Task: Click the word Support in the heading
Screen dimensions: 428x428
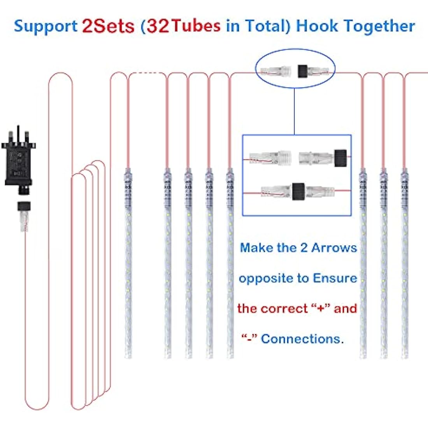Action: click(x=46, y=27)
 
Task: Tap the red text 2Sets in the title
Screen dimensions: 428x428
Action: click(x=109, y=26)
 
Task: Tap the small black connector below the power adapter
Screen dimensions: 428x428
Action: click(x=24, y=206)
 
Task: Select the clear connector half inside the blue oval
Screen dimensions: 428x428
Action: click(x=276, y=71)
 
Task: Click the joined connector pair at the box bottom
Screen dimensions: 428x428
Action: click(x=298, y=191)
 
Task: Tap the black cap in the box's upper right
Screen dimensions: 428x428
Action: click(x=340, y=158)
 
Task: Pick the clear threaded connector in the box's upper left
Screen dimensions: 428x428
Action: click(x=270, y=158)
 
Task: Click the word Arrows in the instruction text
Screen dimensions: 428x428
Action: click(x=334, y=248)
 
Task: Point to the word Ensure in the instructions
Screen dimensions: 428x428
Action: click(x=335, y=278)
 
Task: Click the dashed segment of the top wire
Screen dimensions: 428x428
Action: click(x=147, y=73)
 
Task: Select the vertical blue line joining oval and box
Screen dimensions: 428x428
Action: click(x=294, y=111)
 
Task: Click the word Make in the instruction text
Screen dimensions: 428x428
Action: click(x=256, y=248)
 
